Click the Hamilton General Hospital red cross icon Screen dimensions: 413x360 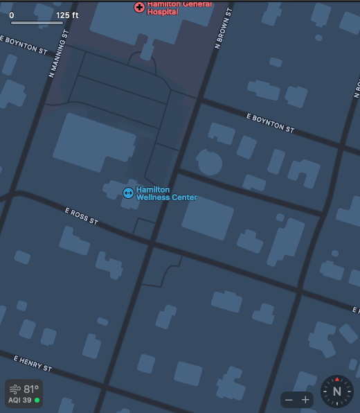coord(139,7)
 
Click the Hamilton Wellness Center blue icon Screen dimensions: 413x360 coord(128,193)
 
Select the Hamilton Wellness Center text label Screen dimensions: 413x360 coord(166,193)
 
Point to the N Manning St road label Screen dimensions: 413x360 coord(60,53)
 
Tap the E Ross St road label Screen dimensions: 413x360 coord(82,216)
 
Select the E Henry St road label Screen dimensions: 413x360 coord(33,362)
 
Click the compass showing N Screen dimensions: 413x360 coord(337,391)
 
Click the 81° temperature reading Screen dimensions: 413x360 coord(32,389)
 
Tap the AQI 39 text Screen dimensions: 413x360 coord(19,401)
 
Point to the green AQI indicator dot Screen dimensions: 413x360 coord(37,401)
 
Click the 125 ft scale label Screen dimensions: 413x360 coord(68,15)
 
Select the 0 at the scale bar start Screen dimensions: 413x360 coord(12,15)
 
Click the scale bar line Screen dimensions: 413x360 coord(37,23)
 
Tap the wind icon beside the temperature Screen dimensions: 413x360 coord(15,389)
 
